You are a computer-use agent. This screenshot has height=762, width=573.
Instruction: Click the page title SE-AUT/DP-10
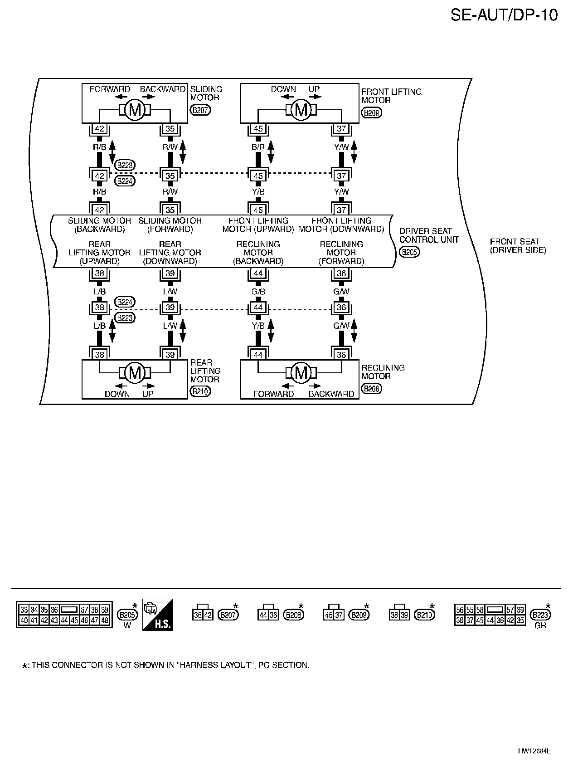(504, 15)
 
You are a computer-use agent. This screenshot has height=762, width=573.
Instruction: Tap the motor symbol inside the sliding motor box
(135, 110)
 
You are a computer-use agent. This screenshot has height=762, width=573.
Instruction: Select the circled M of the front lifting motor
(301, 110)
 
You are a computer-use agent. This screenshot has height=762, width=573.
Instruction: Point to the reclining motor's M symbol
(301, 373)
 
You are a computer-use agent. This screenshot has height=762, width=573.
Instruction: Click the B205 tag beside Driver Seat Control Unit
(409, 253)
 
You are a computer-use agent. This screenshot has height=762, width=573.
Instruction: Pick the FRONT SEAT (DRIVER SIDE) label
(518, 246)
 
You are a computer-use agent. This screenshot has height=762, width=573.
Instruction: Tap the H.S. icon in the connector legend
(157, 615)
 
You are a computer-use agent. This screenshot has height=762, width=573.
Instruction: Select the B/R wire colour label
(258, 147)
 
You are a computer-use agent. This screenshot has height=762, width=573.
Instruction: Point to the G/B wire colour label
(258, 292)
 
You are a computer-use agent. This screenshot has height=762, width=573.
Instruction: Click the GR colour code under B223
(540, 626)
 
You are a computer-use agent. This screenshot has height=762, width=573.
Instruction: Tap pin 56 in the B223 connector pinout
(460, 610)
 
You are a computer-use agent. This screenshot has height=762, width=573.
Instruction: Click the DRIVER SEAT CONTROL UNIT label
(429, 235)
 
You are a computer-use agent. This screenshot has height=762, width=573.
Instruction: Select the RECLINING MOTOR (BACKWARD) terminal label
(258, 253)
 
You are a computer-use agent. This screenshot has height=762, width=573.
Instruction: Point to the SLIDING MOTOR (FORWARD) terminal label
(170, 225)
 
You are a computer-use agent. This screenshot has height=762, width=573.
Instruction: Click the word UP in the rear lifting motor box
(148, 394)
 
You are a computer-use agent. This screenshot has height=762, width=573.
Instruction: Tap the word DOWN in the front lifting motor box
(283, 89)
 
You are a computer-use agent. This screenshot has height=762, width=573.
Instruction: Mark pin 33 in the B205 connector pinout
(24, 610)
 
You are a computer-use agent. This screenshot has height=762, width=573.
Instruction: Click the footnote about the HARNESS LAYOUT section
(166, 665)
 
